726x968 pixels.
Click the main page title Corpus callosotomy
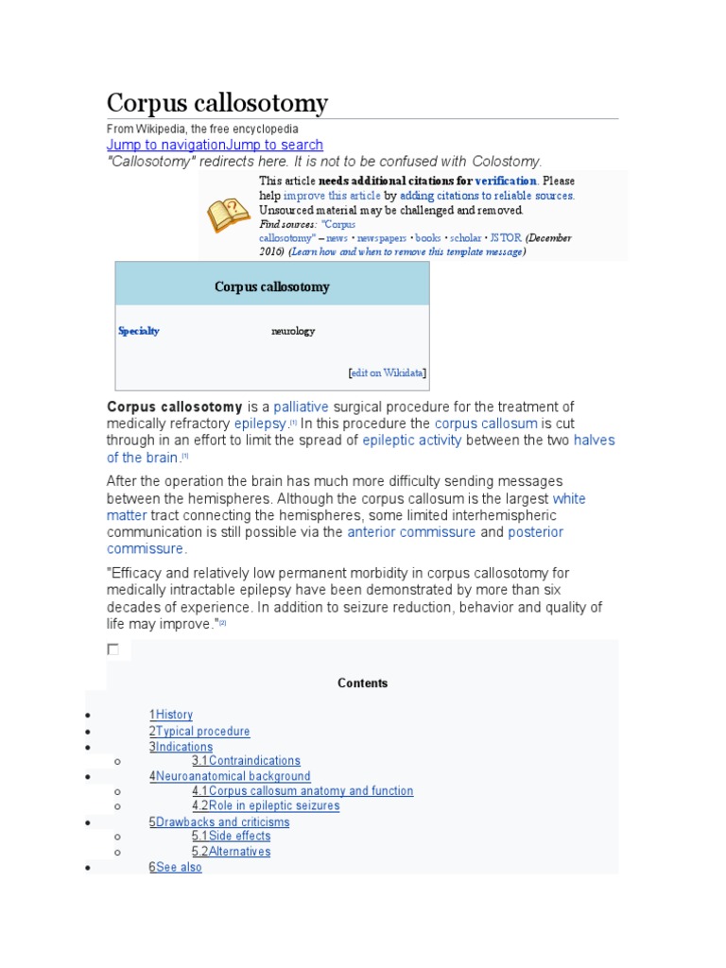216,102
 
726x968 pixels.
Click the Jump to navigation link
165,145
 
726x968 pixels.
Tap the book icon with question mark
228,216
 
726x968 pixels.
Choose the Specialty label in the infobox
139,331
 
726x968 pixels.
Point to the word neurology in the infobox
293,331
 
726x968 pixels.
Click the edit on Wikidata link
387,372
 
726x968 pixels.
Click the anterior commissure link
411,532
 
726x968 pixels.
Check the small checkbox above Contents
113,649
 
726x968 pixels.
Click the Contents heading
363,683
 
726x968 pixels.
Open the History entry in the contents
174,715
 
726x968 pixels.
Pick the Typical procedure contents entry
202,731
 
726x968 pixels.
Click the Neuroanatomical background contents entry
233,776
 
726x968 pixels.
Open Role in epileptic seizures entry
273,805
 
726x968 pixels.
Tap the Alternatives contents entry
239,851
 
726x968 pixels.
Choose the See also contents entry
179,867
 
